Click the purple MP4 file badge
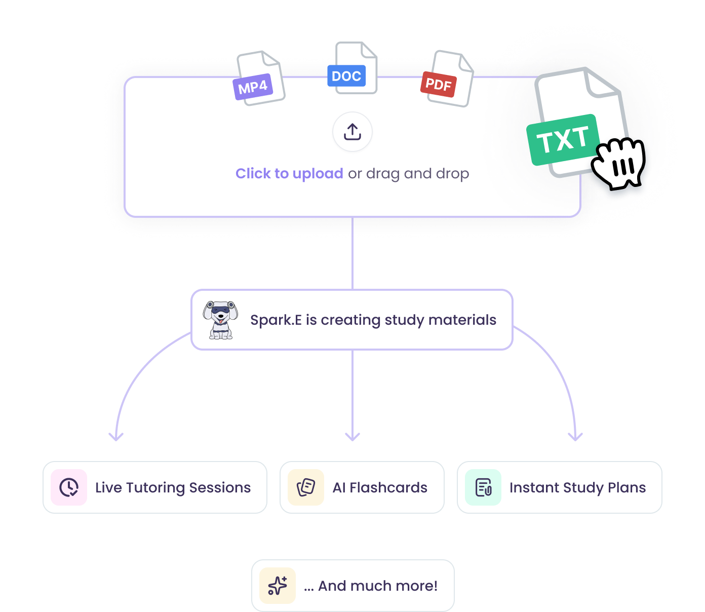click(x=253, y=87)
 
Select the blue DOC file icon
click(x=346, y=76)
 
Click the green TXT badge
click(x=563, y=140)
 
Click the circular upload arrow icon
click(x=352, y=132)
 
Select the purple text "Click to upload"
click(x=289, y=174)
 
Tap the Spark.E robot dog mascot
click(x=220, y=320)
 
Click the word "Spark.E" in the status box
click(x=276, y=320)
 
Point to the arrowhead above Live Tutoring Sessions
click(x=116, y=436)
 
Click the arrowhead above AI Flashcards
click(x=352, y=436)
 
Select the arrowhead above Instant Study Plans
click(x=575, y=436)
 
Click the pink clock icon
click(x=69, y=487)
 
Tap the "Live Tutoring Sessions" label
click(x=173, y=487)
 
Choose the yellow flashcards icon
click(x=306, y=487)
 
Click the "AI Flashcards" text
click(x=380, y=487)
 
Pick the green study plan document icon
click(x=483, y=487)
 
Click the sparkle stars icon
click(x=278, y=586)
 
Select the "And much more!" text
click(x=378, y=586)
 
